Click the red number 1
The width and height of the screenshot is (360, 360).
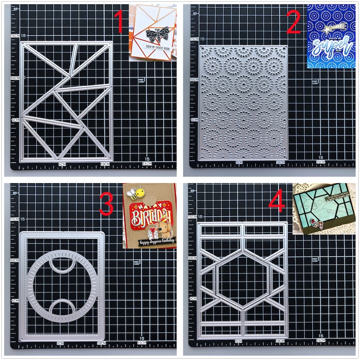(119, 23)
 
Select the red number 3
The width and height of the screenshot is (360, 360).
(106, 205)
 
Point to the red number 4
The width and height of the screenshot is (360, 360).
(277, 202)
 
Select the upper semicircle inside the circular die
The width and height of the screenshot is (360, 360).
(62, 264)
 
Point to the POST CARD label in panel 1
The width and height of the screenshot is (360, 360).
(141, 81)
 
